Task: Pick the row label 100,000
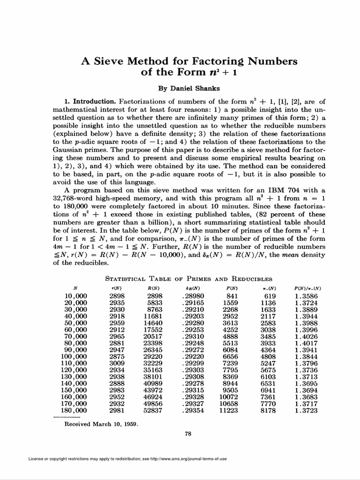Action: pyautogui.click(x=74, y=356)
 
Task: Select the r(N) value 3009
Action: pyautogui.click(x=117, y=363)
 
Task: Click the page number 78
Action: pyautogui.click(x=188, y=434)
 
